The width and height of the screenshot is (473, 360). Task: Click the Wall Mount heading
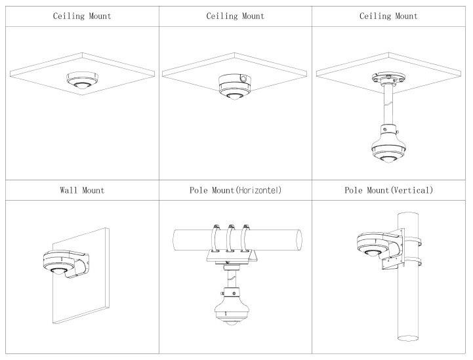(79, 191)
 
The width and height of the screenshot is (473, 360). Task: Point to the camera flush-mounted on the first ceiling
(79, 79)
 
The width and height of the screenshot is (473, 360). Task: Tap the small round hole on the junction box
(243, 79)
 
